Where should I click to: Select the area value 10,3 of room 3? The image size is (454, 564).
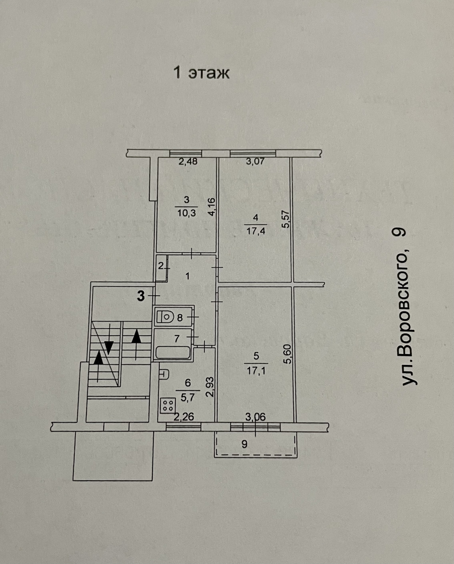187,213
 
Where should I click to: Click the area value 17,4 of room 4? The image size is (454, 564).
255,231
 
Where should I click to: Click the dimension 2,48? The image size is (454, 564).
188,161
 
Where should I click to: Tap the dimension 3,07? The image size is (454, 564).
255,161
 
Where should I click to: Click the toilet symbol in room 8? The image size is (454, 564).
165,318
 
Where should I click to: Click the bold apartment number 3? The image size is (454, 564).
141,296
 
